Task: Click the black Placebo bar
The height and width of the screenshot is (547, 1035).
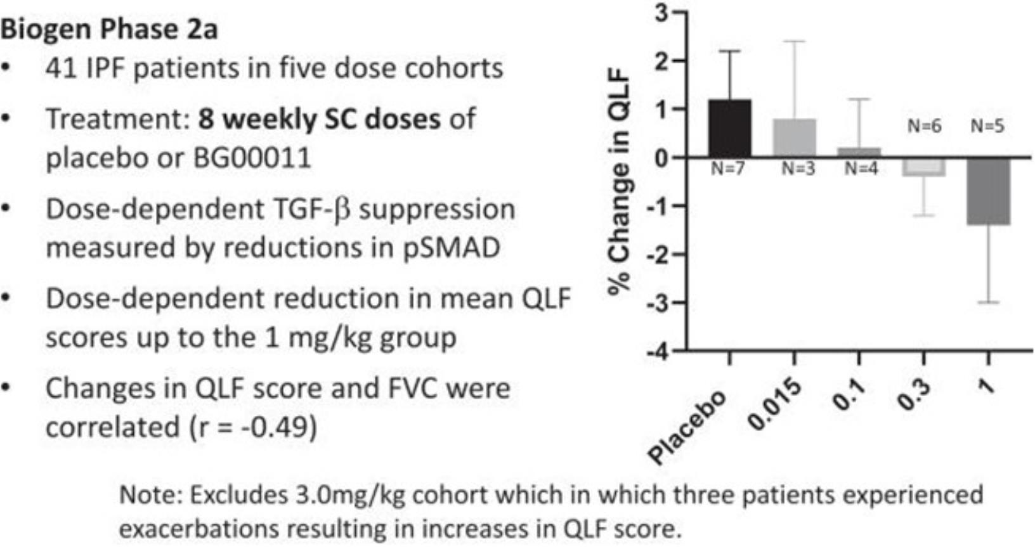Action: point(729,129)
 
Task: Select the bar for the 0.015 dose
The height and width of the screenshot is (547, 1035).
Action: point(794,138)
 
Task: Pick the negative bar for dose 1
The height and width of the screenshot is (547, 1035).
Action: point(988,191)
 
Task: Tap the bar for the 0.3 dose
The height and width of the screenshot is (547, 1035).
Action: point(923,167)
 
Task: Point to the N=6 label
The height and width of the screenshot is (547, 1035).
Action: point(924,126)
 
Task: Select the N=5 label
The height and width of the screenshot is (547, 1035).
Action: point(987,126)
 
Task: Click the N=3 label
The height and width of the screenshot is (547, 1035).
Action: point(797,169)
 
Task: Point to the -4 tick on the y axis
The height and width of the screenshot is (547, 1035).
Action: point(656,351)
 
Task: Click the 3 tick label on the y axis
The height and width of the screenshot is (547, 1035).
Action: point(661,12)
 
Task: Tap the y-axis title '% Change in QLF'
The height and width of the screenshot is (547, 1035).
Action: point(620,181)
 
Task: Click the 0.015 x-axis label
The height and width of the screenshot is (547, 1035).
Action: point(774,406)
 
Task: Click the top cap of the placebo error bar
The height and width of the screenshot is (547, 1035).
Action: point(729,51)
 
